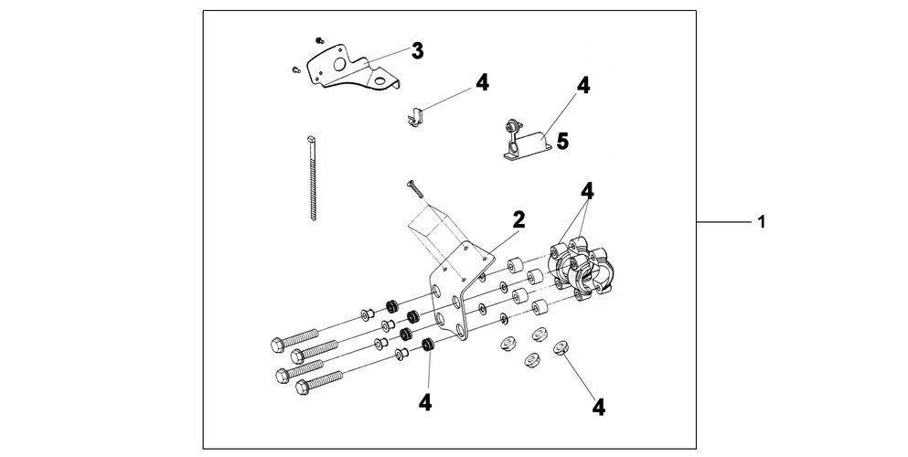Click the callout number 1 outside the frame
(x=762, y=222)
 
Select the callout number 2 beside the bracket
(x=518, y=218)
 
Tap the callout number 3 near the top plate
(x=417, y=51)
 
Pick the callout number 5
(x=562, y=142)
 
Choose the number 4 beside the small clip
(x=482, y=83)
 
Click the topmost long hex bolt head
(x=278, y=345)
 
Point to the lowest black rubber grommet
(x=426, y=346)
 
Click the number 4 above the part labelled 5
(x=583, y=86)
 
